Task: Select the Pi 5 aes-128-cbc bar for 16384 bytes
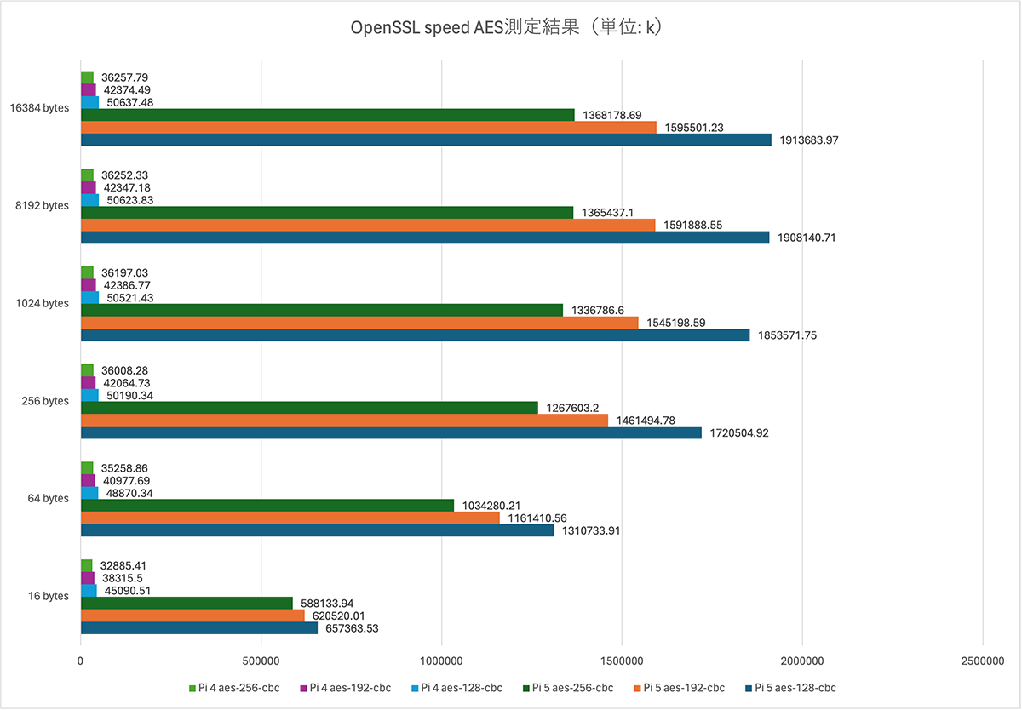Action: coord(426,140)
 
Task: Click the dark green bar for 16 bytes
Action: coord(187,603)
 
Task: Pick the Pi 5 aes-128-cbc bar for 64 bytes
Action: coord(317,530)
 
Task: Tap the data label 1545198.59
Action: coord(675,323)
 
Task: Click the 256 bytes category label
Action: coord(44,401)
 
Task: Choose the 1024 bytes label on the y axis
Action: coord(43,303)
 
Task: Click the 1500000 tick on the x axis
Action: coord(622,661)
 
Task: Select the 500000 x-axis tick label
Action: coord(261,661)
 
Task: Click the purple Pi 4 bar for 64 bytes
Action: coord(89,480)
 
